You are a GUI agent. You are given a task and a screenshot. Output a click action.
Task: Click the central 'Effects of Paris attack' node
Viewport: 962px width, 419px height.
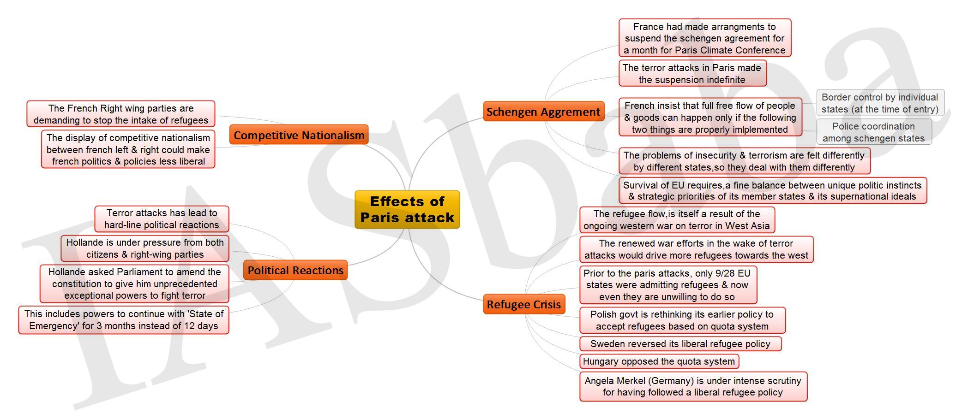(407, 209)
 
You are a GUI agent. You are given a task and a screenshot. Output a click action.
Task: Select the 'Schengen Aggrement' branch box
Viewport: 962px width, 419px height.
(543, 112)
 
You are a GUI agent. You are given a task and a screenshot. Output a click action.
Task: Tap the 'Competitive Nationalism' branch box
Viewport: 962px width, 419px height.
(299, 135)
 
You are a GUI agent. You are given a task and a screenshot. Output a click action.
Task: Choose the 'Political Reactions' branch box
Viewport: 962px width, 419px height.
(295, 270)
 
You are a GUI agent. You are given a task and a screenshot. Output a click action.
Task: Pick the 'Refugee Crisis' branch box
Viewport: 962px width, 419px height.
(524, 304)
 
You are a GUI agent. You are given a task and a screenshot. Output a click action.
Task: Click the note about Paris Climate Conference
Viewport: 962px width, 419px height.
(705, 38)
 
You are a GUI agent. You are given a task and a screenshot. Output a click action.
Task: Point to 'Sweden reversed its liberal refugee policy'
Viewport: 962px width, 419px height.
(680, 344)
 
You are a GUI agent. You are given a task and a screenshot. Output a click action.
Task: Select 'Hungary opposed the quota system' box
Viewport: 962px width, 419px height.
(659, 361)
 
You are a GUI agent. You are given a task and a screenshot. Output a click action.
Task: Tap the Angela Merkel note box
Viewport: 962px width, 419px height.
(693, 387)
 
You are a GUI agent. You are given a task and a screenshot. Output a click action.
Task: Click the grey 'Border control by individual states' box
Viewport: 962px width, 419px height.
(880, 103)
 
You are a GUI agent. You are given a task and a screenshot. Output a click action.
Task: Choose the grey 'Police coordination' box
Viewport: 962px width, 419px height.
(874, 132)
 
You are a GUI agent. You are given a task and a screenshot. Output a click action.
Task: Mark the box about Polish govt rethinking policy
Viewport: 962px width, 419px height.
(682, 320)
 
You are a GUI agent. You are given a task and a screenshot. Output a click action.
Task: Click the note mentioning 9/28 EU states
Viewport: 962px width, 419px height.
(668, 285)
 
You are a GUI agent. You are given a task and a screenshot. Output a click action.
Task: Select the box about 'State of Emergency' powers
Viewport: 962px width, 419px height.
(124, 320)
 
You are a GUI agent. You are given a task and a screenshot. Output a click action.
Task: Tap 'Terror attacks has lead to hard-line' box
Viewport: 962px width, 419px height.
(162, 219)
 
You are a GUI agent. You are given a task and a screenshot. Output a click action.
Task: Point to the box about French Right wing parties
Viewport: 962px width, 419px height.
(121, 114)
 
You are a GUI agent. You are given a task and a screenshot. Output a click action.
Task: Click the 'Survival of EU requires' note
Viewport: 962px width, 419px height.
(772, 191)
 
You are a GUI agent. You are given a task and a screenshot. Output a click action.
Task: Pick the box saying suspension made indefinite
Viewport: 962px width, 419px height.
(692, 73)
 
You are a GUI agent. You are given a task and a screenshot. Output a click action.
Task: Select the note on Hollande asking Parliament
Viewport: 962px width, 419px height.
(134, 283)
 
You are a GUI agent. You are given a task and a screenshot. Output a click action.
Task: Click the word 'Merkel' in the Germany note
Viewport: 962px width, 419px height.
(630, 381)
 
